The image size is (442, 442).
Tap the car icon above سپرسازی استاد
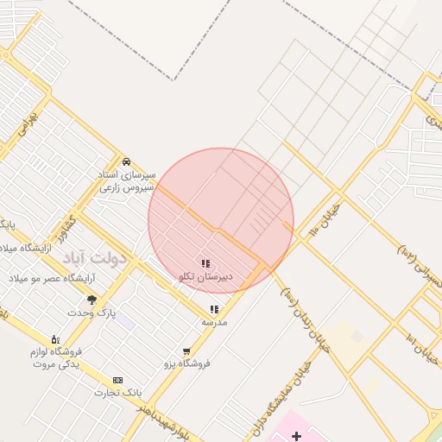(126, 161)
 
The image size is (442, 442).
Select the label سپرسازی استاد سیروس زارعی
(126, 180)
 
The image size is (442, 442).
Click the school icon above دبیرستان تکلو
(205, 263)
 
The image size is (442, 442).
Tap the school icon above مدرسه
(214, 309)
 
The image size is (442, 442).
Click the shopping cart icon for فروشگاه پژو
(186, 351)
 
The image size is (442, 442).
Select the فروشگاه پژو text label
(187, 363)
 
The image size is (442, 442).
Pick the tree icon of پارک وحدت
(92, 300)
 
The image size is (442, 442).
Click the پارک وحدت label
(95, 312)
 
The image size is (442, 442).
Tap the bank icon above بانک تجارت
(117, 380)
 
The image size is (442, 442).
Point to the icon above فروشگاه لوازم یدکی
(55, 339)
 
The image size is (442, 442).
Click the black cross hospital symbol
(297, 436)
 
